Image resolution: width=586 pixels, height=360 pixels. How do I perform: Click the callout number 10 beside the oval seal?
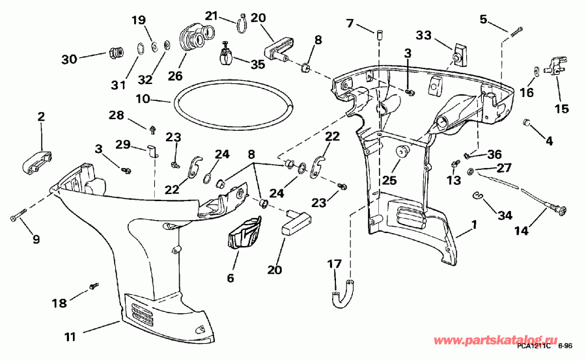(x=143, y=100)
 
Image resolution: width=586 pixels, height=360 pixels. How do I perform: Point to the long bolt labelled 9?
(x=16, y=214)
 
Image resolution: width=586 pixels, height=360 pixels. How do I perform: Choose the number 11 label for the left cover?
(x=70, y=337)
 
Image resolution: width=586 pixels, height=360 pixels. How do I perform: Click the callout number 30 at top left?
(x=69, y=59)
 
